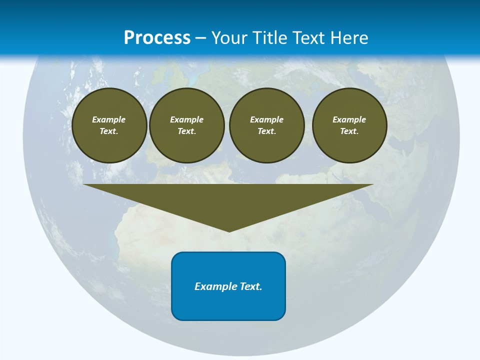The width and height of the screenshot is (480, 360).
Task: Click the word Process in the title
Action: tap(157, 38)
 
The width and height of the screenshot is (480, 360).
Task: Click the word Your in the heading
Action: tap(230, 38)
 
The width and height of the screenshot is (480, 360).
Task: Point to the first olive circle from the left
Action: tap(109, 125)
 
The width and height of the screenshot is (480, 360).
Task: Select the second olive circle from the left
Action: tap(186, 125)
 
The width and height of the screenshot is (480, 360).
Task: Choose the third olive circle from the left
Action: tap(266, 125)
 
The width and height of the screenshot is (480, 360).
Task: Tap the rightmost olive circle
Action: tap(349, 125)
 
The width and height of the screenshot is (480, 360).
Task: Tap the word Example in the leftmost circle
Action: tap(109, 119)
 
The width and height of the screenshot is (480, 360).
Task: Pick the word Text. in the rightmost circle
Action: tap(349, 131)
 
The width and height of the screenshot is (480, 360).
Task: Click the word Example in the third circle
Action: tap(266, 119)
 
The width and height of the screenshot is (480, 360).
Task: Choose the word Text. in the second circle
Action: tap(186, 131)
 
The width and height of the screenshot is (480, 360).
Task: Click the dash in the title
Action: tap(201, 38)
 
